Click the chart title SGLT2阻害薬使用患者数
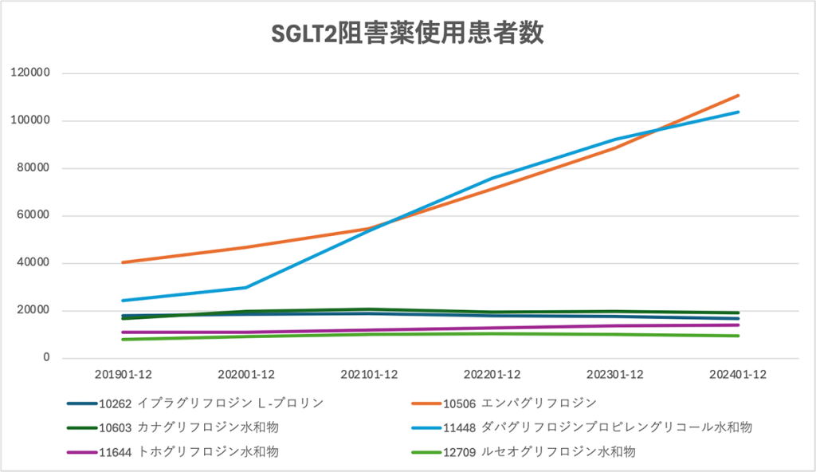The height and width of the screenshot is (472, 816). pos(407,33)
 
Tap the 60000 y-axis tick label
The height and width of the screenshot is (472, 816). pos(35,215)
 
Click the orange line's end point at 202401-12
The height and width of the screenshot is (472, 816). pos(738,96)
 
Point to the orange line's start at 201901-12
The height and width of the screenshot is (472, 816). pos(124,262)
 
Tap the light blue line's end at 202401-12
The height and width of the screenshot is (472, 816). pos(738,112)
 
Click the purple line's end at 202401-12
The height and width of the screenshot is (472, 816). pos(738,324)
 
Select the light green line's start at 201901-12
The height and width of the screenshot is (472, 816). pos(124,340)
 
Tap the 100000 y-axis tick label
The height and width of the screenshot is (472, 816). pos(32,120)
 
